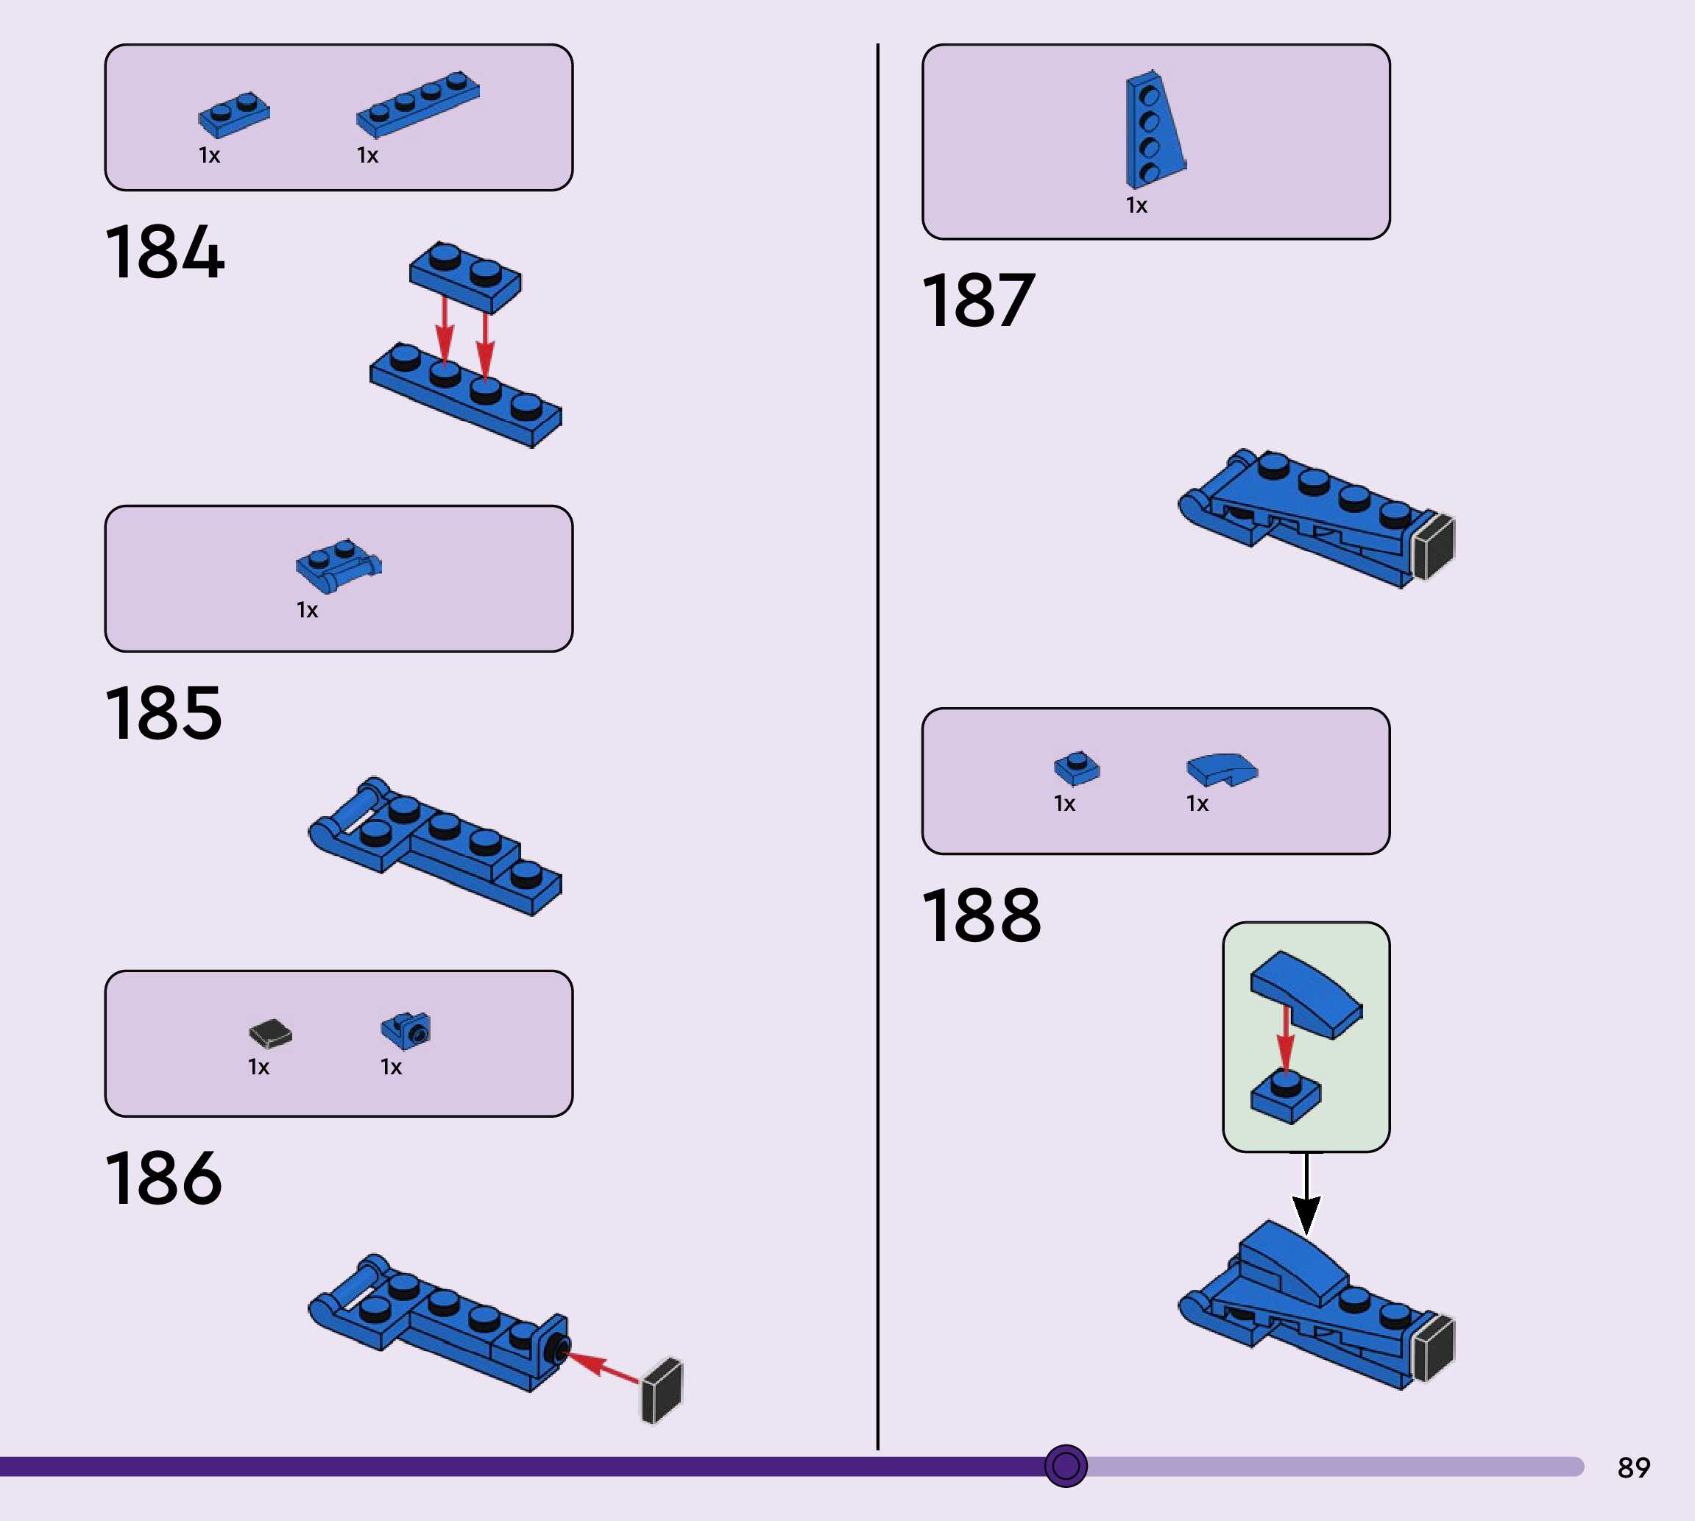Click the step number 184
pyautogui.click(x=165, y=252)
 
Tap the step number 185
pyautogui.click(x=164, y=713)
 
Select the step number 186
pyautogui.click(x=164, y=1177)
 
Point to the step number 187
pyautogui.click(x=979, y=300)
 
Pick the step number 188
pyautogui.click(x=981, y=916)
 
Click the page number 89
pyautogui.click(x=1633, y=1467)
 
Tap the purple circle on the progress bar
pyautogui.click(x=1066, y=1465)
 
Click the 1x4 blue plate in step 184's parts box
pyautogui.click(x=418, y=104)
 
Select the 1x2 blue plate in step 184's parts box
pyautogui.click(x=234, y=113)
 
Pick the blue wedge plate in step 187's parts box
pyautogui.click(x=1153, y=130)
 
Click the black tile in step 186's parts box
pyautogui.click(x=270, y=1033)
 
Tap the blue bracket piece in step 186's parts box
pyautogui.click(x=406, y=1030)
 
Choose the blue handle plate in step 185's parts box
pyautogui.click(x=338, y=565)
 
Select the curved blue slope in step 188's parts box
pyautogui.click(x=1221, y=769)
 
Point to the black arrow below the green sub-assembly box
pyautogui.click(x=1306, y=1195)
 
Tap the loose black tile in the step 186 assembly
pyautogui.click(x=662, y=1391)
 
